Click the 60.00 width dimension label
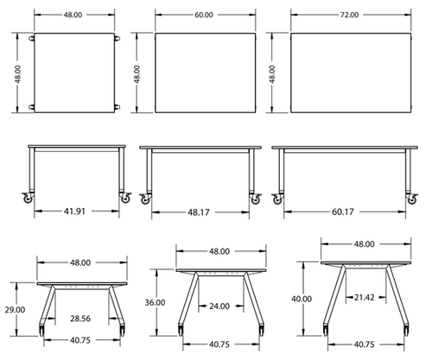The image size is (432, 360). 206,16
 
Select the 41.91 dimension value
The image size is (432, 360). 76,210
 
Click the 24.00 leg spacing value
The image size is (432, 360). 219,305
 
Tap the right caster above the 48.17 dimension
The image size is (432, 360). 256,198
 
